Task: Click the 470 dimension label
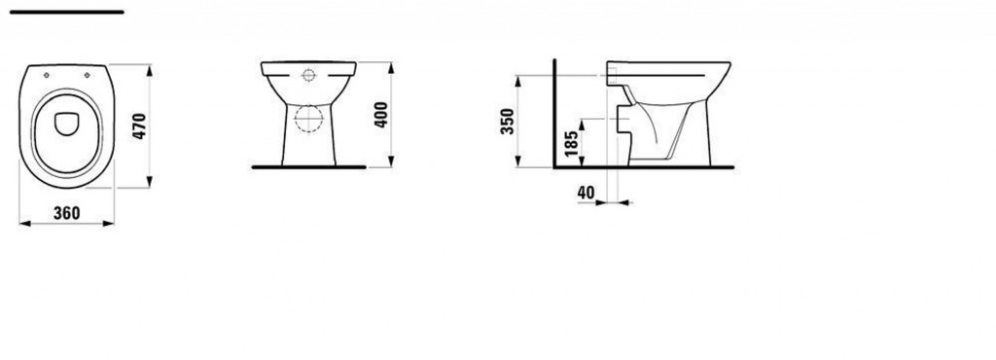(140, 126)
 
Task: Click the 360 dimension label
(67, 213)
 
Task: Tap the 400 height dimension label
(380, 115)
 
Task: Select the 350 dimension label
(508, 122)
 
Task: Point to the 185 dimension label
(571, 143)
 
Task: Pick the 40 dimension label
(587, 193)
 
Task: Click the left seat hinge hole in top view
(47, 75)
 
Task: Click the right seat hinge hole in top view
(87, 75)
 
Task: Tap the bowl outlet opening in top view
(67, 124)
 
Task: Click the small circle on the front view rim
(308, 76)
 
